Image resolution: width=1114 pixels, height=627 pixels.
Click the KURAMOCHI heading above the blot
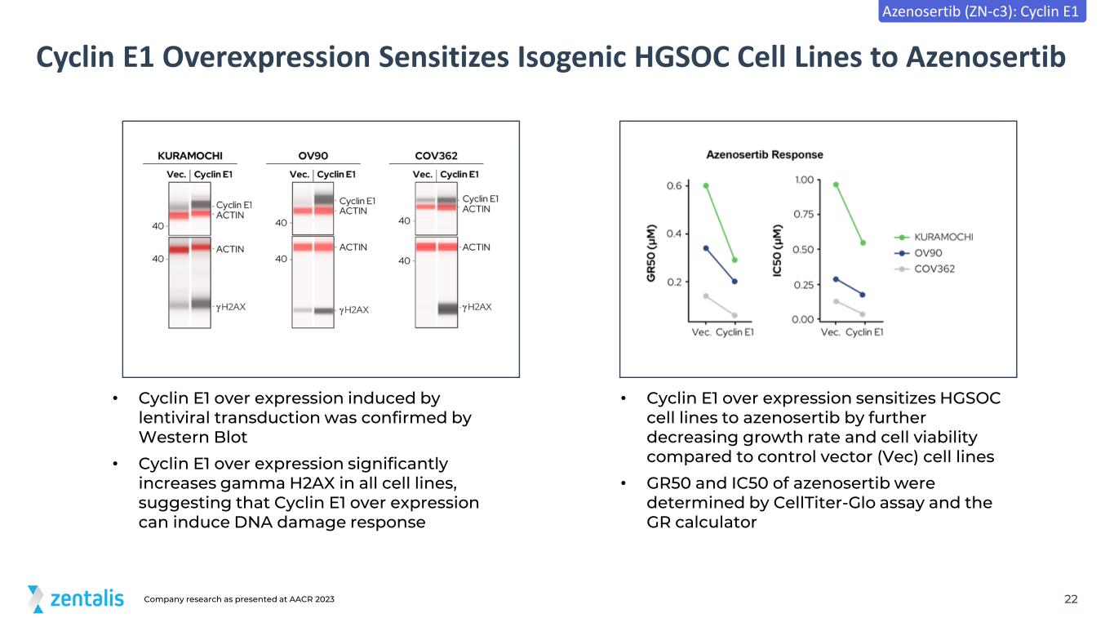(x=190, y=156)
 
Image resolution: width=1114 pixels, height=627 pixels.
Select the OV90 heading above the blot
(x=313, y=156)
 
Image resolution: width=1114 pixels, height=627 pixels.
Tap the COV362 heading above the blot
(x=436, y=156)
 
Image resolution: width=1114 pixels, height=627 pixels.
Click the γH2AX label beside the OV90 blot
(x=354, y=310)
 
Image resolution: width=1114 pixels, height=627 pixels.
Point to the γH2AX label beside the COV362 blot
(x=477, y=307)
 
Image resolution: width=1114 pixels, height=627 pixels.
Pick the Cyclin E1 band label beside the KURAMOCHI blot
(x=233, y=205)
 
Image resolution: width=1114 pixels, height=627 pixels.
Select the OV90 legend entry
(x=918, y=253)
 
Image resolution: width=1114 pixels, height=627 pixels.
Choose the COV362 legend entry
(x=925, y=269)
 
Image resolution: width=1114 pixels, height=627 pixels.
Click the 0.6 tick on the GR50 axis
(x=674, y=185)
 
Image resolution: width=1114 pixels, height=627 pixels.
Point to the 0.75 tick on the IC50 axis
(x=804, y=214)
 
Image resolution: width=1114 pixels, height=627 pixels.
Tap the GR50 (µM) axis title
(x=651, y=253)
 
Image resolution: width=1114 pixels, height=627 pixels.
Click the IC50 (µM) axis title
(x=777, y=251)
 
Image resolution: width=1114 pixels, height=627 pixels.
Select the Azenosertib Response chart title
(x=765, y=155)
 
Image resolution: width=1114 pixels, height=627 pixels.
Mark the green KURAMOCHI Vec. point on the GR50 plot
(x=706, y=185)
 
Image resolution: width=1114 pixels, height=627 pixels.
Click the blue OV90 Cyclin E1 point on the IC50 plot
(x=863, y=295)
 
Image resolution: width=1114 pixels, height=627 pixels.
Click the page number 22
(x=1071, y=599)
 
